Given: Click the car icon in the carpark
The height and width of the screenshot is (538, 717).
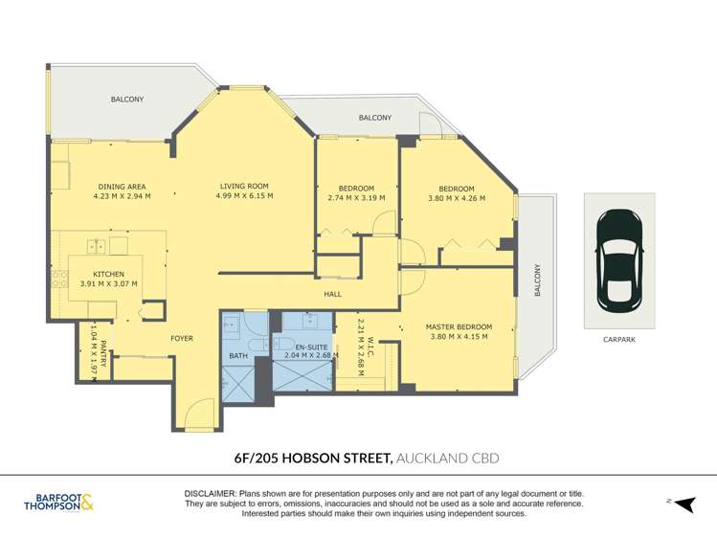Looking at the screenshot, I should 619,255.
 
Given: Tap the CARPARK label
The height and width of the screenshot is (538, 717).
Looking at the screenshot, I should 619,339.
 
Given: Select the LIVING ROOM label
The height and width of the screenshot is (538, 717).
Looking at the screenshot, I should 244,186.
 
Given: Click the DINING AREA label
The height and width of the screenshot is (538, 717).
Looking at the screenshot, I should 122,186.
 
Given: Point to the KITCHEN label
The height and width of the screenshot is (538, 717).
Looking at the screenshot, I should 108,273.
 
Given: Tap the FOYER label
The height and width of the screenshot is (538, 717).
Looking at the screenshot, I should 182,339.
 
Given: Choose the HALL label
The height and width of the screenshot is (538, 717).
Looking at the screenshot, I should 332,295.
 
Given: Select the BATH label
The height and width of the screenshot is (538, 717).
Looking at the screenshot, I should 237,356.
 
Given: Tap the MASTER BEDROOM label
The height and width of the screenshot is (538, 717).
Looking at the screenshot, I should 459,326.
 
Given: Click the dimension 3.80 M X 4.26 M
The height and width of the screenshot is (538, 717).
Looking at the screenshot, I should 457,198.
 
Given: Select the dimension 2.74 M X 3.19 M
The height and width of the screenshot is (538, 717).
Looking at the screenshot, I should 356,198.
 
